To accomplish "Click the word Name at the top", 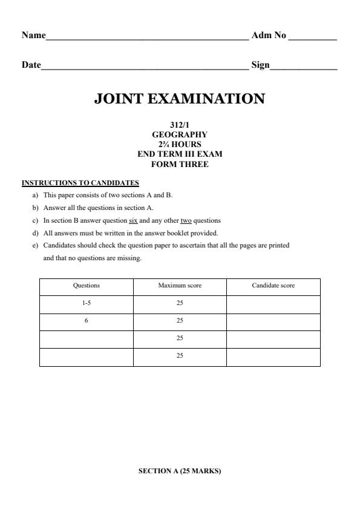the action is [33, 36].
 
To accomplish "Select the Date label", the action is [31, 65].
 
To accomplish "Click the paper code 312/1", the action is [180, 125].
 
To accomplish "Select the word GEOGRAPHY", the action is [180, 135].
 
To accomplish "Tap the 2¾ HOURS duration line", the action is [180, 145].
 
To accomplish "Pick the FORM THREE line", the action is [180, 164].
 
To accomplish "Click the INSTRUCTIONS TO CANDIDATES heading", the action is [80, 183].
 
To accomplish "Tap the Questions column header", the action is [87, 286].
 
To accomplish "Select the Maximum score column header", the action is [180, 286].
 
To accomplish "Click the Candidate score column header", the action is [273, 286].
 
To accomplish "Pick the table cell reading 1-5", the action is [87, 304].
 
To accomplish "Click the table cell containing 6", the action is [87, 321].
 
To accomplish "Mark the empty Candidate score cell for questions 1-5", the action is [273, 304].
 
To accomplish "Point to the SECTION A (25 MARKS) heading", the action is [180, 471].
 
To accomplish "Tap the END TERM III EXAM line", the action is [180, 154].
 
